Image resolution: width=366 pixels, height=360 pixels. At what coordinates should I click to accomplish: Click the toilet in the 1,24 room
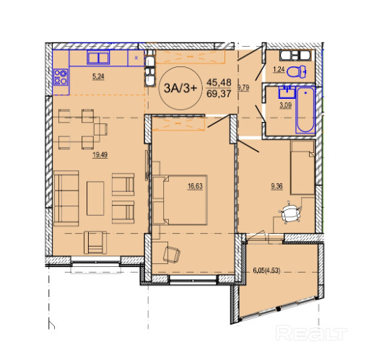(297, 71)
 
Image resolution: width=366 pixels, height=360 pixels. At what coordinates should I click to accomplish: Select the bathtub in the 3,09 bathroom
(305, 110)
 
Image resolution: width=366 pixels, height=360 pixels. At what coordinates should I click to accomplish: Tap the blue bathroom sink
(287, 92)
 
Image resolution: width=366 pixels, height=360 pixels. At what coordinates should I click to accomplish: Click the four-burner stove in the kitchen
(61, 77)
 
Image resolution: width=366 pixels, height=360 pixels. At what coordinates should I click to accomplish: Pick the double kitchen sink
(98, 58)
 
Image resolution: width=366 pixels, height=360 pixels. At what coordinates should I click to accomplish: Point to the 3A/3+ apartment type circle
(180, 88)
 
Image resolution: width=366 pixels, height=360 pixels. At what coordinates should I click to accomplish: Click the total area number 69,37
(219, 94)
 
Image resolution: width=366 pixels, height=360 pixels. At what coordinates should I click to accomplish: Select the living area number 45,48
(219, 82)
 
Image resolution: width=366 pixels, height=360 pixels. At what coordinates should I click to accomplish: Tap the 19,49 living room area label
(100, 155)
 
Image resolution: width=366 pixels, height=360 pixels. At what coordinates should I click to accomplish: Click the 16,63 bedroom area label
(195, 186)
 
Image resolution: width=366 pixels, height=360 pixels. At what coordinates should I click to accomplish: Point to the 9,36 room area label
(276, 186)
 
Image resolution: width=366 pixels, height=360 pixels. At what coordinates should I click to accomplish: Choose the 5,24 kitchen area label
(98, 76)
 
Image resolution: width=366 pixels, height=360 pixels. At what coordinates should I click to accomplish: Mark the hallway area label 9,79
(243, 88)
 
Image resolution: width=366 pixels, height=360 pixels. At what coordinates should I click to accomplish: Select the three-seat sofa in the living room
(66, 198)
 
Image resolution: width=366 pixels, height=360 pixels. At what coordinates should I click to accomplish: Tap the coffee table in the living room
(95, 198)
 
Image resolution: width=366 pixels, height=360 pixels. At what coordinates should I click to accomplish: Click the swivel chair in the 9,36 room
(289, 212)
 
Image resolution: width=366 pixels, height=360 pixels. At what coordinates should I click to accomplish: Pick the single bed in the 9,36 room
(302, 167)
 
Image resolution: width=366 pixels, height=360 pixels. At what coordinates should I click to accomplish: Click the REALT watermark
(311, 333)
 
